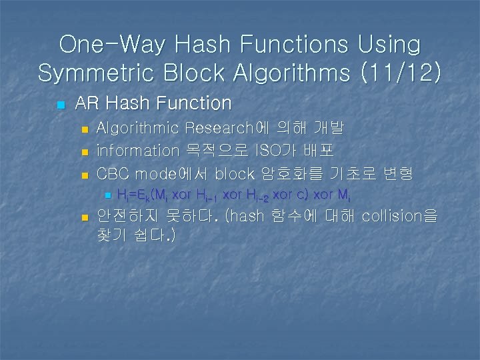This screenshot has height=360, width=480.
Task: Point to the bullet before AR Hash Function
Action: (61, 105)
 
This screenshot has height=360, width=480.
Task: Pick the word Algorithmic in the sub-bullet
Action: (138, 128)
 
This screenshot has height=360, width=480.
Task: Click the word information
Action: (138, 151)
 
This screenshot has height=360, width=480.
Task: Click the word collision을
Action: (399, 216)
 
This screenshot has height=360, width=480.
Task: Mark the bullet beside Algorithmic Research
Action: (84, 129)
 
